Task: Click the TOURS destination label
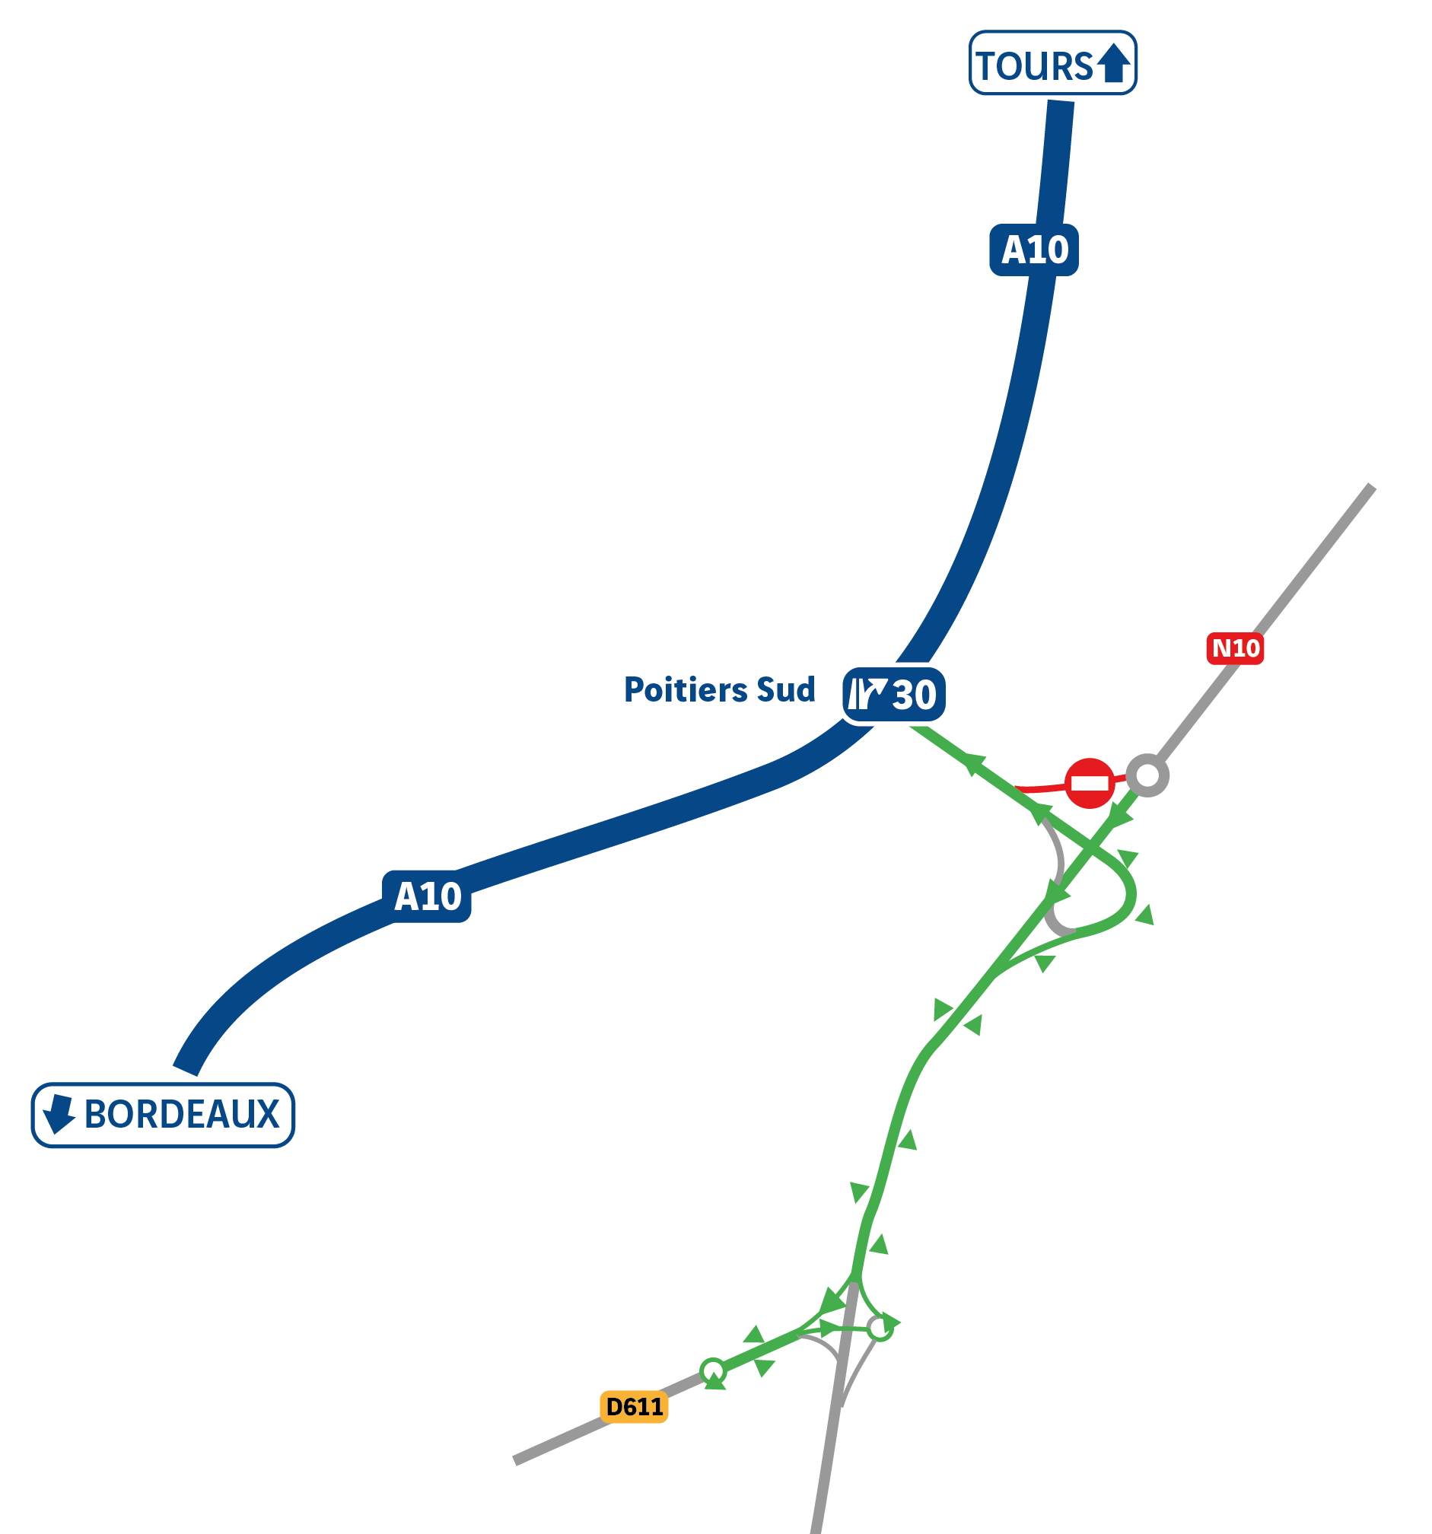(1052, 63)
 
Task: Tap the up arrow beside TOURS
(1113, 63)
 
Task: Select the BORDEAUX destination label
(163, 1115)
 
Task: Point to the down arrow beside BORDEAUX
(59, 1114)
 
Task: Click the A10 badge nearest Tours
(1034, 250)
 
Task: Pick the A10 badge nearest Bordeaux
(427, 896)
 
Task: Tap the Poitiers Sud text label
(719, 690)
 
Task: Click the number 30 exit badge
(893, 695)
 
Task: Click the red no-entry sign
(1090, 784)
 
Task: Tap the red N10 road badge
(1235, 648)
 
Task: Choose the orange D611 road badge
(635, 1407)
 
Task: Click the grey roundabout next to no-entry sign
(1147, 775)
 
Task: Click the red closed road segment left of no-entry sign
(1040, 789)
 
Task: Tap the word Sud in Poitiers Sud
(785, 690)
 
